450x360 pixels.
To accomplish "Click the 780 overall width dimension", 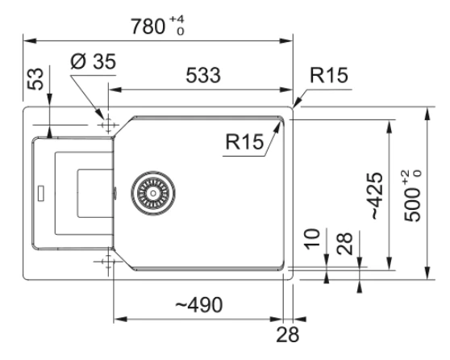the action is click(148, 26).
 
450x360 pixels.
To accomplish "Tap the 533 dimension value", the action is click(203, 75).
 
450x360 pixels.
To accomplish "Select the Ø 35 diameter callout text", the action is click(93, 61).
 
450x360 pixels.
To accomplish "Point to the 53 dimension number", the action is click(35, 79).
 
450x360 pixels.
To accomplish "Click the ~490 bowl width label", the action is click(199, 304).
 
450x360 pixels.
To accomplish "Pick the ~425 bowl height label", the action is click(377, 195).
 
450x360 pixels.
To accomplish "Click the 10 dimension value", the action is click(312, 239).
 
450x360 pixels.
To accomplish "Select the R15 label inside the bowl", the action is click(244, 141).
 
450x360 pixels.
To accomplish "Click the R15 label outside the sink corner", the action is click(329, 75).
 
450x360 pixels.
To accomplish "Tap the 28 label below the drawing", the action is click(288, 334).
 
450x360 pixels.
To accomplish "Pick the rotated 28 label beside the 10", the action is click(344, 244).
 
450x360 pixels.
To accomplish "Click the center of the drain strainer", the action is click(153, 193).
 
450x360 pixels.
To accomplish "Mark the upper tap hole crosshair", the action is click(108, 125).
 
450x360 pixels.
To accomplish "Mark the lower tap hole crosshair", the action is click(108, 261).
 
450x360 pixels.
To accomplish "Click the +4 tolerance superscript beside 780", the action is click(177, 19).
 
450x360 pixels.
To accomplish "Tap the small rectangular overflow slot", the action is click(41, 193).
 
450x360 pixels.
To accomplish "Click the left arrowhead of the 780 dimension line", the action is click(30, 41).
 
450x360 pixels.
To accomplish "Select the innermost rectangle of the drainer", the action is click(77, 193).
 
